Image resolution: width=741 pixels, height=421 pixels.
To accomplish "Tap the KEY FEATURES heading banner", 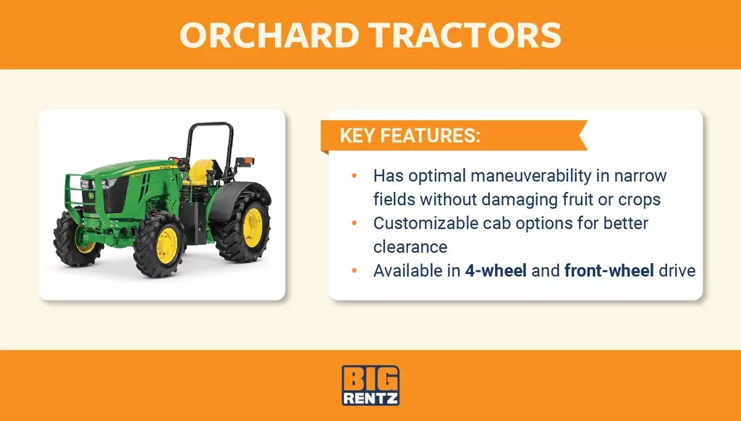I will tap(409, 136).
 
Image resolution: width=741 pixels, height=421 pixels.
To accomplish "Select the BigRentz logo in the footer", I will tap(370, 385).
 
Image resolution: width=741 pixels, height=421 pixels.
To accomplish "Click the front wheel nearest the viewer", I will tap(160, 244).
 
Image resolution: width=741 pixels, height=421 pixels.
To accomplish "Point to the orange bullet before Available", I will tap(354, 271).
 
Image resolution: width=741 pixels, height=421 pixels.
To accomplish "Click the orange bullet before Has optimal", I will tap(354, 175).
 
